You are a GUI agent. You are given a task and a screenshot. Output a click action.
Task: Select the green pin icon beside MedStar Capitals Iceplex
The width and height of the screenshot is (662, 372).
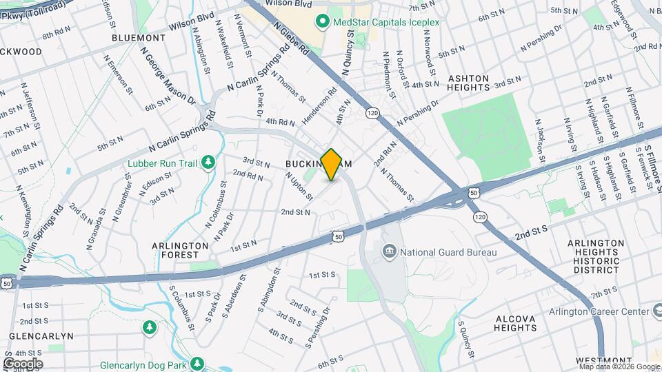click(321, 22)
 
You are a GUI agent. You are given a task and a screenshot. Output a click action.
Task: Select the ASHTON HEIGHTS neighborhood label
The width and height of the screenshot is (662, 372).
click(468, 83)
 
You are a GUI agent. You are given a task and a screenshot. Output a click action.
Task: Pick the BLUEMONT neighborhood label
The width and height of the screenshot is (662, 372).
click(138, 37)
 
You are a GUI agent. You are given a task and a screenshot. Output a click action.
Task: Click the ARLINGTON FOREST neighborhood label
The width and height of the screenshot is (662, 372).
click(181, 250)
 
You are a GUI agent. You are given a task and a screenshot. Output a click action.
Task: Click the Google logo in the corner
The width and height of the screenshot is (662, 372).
click(23, 363)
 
